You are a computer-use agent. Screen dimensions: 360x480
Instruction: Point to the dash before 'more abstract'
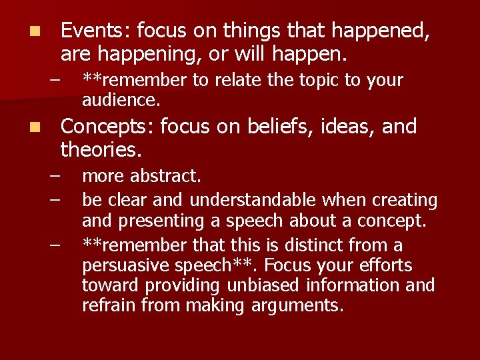(x=54, y=177)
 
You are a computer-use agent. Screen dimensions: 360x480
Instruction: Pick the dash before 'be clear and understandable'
(x=54, y=199)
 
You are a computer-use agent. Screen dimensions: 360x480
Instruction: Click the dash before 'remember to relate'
(x=54, y=81)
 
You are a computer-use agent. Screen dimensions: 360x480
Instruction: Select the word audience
(x=120, y=101)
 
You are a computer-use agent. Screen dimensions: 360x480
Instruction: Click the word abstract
(x=166, y=177)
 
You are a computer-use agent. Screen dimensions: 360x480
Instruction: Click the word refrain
(x=105, y=306)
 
